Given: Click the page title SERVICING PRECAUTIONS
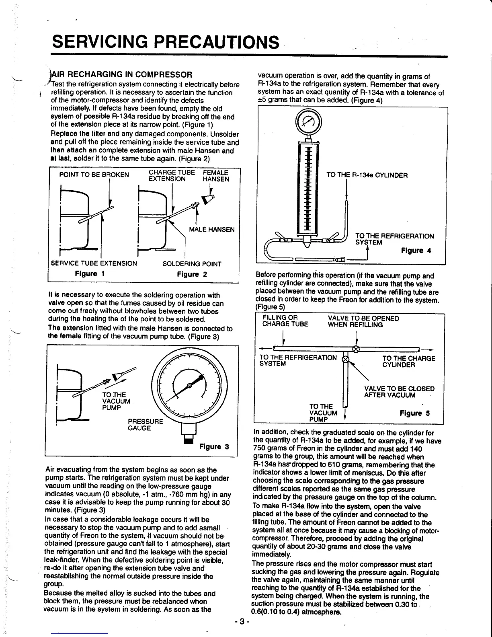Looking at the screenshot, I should point(165,42).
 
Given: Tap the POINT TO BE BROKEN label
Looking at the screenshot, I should point(94,175).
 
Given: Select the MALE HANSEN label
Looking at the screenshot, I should point(211,230).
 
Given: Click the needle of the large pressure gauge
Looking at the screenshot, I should point(189,386).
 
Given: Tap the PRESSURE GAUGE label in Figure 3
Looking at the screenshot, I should point(145,425).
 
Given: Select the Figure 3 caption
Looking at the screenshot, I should point(214,447).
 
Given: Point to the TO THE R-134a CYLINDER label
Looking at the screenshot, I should point(367,175).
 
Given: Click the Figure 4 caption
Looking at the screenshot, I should point(416,251).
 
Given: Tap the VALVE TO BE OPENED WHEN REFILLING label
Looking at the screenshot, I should point(363,321).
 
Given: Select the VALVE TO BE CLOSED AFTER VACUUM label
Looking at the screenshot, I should point(399,392).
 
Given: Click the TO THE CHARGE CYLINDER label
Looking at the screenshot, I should point(408,362).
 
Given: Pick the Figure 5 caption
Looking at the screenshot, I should point(414,413).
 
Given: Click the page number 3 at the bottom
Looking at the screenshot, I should point(242,622).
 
